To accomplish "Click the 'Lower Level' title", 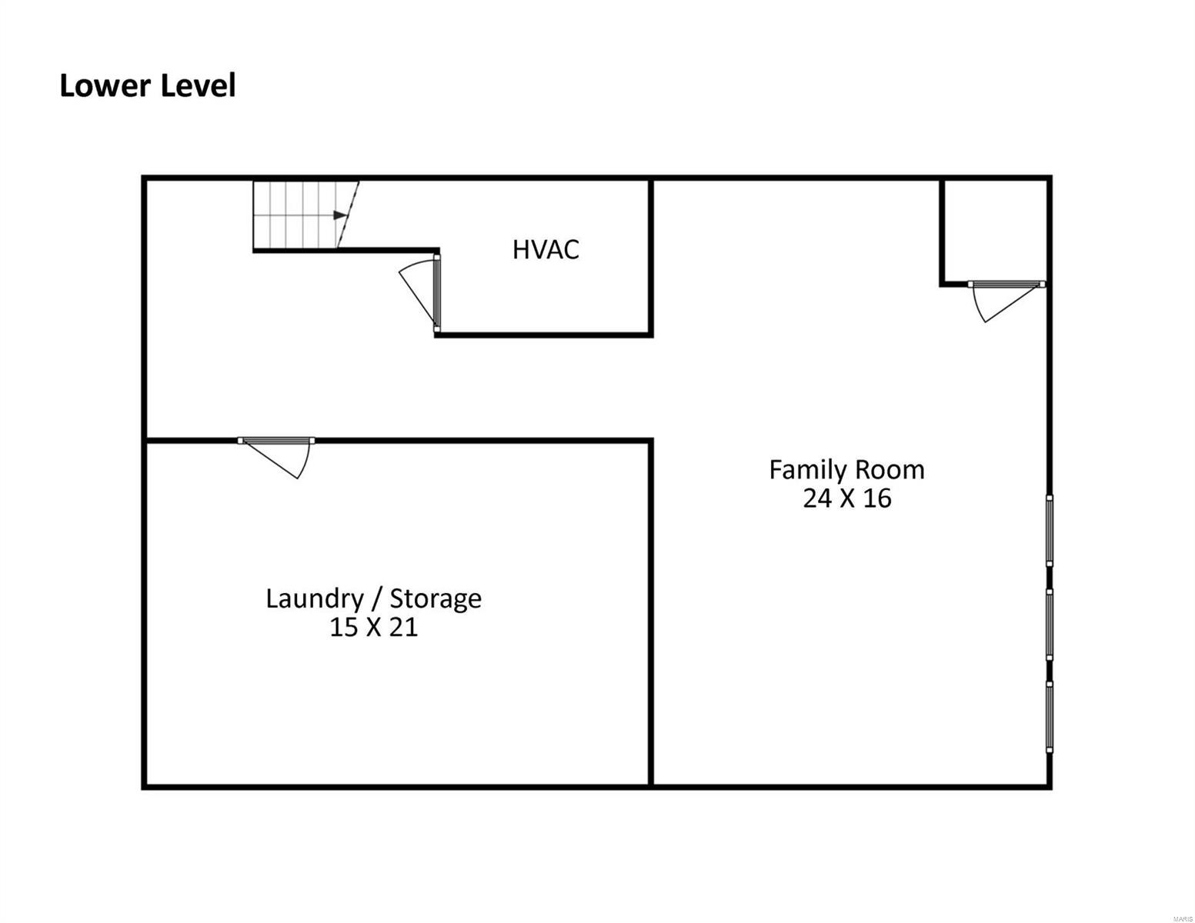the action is [x=148, y=85].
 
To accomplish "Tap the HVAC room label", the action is [x=546, y=249].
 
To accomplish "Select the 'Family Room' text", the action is [x=846, y=470].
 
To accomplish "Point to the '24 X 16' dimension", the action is [x=847, y=498].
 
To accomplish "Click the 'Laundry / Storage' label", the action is [x=373, y=598].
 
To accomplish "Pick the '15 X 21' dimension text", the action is [x=373, y=627].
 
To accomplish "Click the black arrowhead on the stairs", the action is [x=340, y=215].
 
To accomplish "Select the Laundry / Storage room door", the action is [x=276, y=458].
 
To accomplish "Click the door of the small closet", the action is [x=1006, y=301].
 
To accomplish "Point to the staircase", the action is [x=305, y=215].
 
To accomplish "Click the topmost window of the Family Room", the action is [x=1050, y=531].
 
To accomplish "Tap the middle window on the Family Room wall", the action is [x=1050, y=625].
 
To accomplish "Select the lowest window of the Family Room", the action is [x=1050, y=717].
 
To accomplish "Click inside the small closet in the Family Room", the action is [x=995, y=230].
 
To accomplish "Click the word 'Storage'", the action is [x=436, y=598].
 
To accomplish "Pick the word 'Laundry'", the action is [x=315, y=598].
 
